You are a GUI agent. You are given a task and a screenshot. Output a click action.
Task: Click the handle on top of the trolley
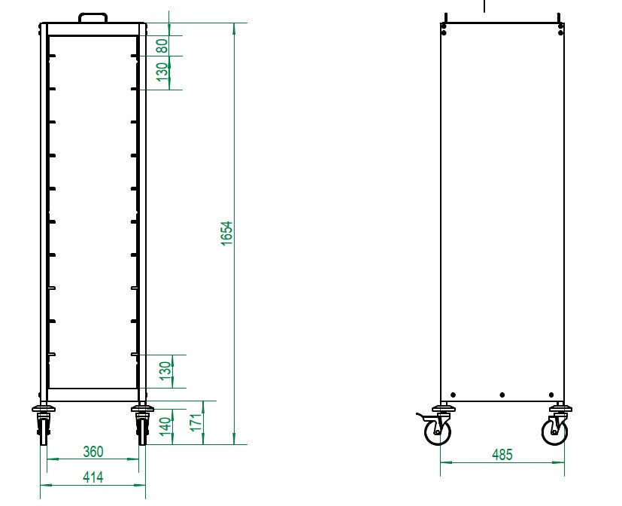pos(93,16)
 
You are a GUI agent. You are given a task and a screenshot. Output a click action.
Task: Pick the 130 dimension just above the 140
pos(166,370)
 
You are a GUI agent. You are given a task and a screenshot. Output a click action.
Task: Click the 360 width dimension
pos(93,452)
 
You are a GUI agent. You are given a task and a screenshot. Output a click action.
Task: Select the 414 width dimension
pos(93,477)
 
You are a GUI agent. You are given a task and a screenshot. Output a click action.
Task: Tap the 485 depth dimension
pos(502,455)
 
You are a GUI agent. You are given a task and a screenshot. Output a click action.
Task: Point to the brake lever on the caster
pos(422,416)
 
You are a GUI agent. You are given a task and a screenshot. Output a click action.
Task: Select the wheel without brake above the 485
pos(555,431)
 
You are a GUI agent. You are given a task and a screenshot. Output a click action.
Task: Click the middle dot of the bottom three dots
pos(502,395)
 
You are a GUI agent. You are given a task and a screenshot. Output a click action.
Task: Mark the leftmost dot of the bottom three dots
pos(453,395)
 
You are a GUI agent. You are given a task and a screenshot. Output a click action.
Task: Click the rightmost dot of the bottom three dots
pos(551,395)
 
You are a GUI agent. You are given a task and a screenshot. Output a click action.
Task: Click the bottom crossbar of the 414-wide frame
pos(93,395)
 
